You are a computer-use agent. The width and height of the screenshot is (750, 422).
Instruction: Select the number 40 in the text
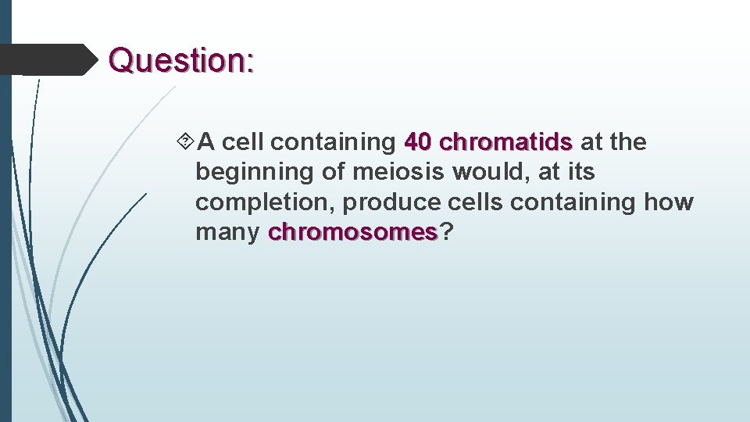tap(419, 142)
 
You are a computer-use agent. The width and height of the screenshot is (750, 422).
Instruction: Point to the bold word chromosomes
tap(352, 232)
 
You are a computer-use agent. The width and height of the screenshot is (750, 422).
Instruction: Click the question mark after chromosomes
tap(446, 232)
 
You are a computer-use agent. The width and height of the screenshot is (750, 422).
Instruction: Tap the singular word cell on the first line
tap(245, 142)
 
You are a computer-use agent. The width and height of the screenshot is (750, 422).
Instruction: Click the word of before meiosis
tap(333, 172)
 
